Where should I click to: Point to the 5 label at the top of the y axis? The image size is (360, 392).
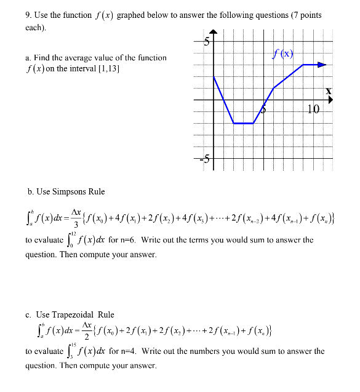click(x=207, y=42)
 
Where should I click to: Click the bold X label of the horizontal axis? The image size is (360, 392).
click(x=329, y=91)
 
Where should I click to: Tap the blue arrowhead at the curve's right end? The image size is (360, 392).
click(x=321, y=64)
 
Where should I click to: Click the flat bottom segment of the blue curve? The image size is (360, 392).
click(x=244, y=123)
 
